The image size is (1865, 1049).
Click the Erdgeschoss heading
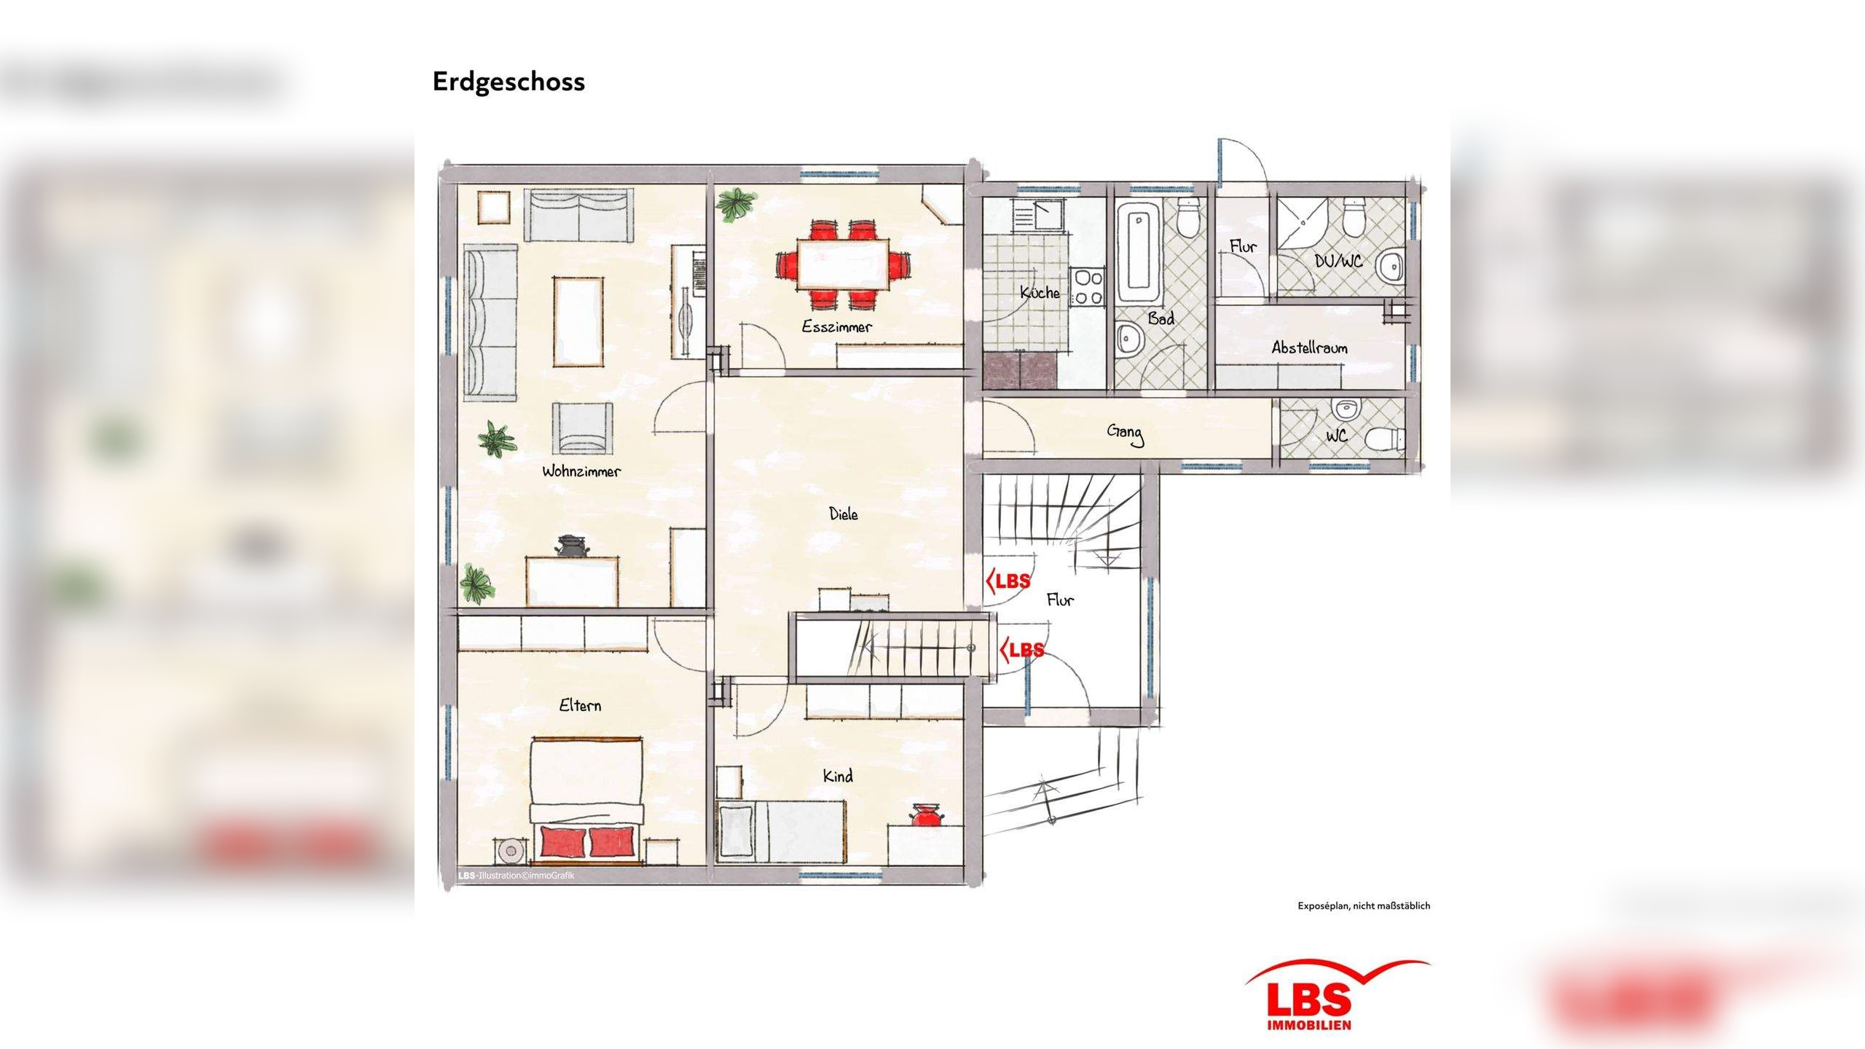(508, 82)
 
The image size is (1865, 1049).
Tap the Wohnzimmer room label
(581, 471)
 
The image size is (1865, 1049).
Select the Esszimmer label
(836, 327)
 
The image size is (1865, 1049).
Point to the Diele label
(843, 514)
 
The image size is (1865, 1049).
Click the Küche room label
(1040, 293)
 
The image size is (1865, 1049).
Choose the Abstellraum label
(1309, 348)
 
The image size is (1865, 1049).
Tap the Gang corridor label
(1125, 433)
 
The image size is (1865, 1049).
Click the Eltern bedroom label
(580, 705)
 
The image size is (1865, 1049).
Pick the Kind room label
(838, 777)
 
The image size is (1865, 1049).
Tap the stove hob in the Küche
(1088, 286)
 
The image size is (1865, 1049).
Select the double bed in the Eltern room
(586, 801)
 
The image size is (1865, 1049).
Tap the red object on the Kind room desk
(926, 816)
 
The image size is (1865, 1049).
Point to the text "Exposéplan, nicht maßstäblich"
(1363, 905)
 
